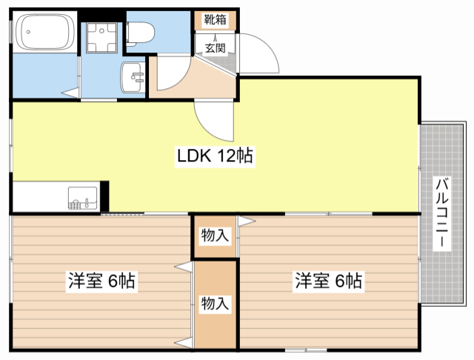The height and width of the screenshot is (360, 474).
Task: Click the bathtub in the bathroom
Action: [44, 32]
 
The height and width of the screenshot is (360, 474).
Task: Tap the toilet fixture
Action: [140, 34]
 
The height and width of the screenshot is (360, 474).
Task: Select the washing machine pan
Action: [101, 38]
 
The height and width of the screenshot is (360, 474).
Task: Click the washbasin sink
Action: [133, 77]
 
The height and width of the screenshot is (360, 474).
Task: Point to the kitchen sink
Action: [83, 199]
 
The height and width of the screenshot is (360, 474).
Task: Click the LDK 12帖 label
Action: [215, 156]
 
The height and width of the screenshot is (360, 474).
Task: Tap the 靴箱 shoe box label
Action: [215, 20]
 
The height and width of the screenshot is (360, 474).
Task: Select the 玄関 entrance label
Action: [216, 47]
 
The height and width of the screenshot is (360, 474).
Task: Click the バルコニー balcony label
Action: [442, 213]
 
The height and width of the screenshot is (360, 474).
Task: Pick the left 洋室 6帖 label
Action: [101, 281]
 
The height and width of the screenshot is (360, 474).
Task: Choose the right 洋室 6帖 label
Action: [329, 281]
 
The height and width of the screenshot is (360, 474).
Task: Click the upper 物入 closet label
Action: [215, 235]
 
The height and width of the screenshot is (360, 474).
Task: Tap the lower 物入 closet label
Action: [215, 303]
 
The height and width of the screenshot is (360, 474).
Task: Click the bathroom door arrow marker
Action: [70, 92]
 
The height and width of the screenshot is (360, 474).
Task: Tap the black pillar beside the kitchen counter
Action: [104, 196]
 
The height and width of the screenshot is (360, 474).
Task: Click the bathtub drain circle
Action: [28, 32]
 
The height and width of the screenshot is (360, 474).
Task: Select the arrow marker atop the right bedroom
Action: [247, 221]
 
